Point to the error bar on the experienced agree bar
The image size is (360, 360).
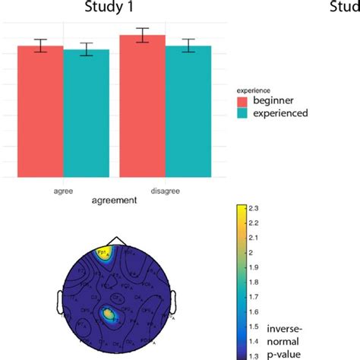(87, 49)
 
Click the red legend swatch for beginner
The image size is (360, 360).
(243, 101)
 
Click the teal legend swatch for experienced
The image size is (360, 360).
(243, 113)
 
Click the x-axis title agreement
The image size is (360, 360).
(114, 201)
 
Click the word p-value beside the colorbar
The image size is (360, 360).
(285, 353)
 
